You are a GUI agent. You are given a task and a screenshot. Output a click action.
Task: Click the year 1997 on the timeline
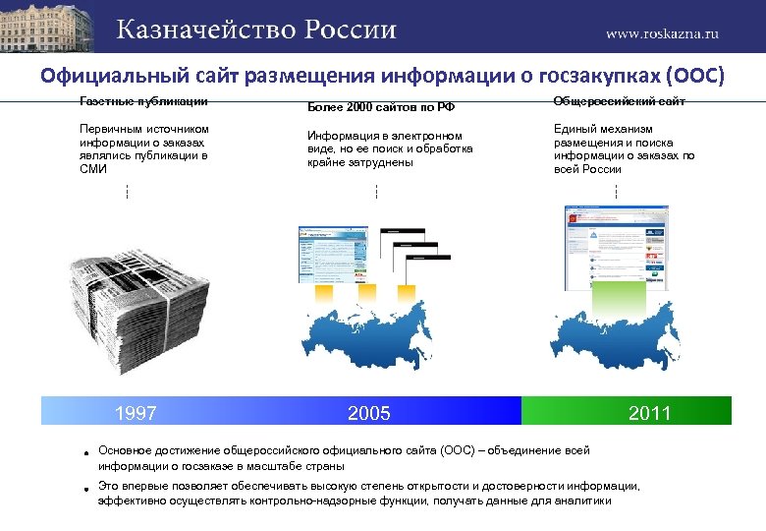click(136, 413)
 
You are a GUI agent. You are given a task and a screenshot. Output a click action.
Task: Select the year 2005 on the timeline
click(369, 413)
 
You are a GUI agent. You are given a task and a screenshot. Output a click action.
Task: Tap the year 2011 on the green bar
click(649, 413)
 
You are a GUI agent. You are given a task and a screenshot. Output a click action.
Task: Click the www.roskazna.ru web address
click(662, 32)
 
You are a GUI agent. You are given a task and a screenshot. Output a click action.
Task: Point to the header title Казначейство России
click(257, 29)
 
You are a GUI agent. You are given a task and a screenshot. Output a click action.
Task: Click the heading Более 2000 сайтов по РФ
click(372, 106)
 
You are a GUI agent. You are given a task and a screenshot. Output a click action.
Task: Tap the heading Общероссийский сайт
click(619, 101)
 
